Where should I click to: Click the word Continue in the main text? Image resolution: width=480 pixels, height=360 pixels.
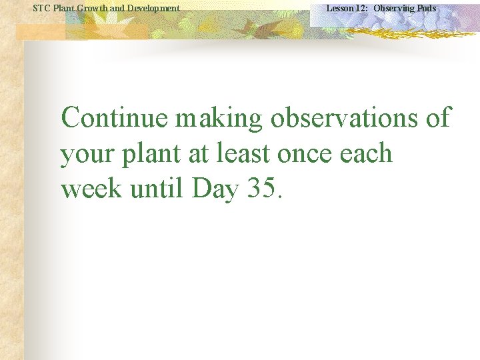click(115, 118)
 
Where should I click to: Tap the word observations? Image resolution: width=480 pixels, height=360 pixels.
click(345, 118)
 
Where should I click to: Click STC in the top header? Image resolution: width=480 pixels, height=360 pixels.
click(41, 8)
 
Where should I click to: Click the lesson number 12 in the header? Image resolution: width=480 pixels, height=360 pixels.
click(361, 8)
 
